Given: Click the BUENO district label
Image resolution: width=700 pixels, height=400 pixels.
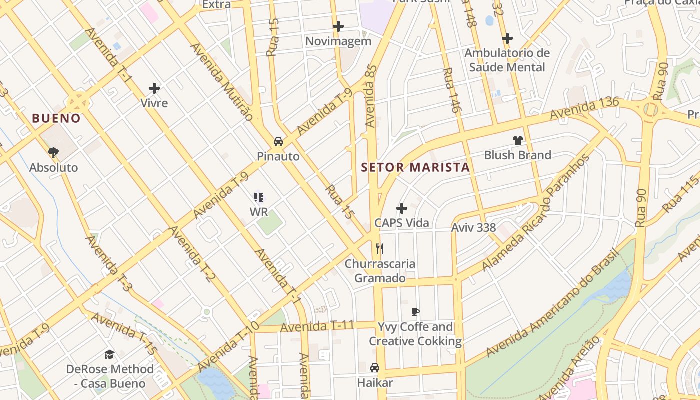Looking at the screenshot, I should pos(56,118).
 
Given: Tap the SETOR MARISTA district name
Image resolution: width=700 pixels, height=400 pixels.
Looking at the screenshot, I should pos(415,167).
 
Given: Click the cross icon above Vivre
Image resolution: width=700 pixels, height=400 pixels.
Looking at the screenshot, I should pos(154,89).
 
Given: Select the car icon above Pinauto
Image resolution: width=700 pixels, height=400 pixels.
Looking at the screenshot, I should pos(278,142).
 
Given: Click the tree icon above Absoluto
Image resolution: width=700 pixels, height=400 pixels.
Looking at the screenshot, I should pos(53,152).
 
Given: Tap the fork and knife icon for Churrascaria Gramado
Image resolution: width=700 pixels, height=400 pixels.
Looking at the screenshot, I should pos(380,248).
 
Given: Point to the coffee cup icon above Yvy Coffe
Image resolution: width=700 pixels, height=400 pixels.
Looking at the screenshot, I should pos(415,312).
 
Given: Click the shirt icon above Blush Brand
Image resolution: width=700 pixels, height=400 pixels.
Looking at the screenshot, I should pos(517,140).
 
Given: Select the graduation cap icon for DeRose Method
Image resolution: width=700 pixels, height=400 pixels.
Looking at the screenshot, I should pos(109,354).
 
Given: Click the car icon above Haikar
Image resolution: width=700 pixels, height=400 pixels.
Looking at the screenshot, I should pos(374,368).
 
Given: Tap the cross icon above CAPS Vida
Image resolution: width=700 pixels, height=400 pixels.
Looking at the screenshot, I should pos(402,208).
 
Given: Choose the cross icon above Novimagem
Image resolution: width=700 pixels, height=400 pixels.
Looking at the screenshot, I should pos(338,26).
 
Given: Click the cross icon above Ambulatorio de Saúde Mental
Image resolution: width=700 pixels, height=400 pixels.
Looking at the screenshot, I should pos(507,38).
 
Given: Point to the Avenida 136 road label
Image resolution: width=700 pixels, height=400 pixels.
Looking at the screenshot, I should pos(584,108).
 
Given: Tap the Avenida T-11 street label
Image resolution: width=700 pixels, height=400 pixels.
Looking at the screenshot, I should pos(317,327).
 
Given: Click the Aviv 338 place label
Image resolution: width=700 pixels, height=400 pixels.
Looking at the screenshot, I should pos(473,228).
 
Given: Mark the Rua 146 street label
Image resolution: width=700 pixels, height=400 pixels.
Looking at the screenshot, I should pos(451,90).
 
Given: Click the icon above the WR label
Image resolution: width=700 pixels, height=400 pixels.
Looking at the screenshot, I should pos(258,197).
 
